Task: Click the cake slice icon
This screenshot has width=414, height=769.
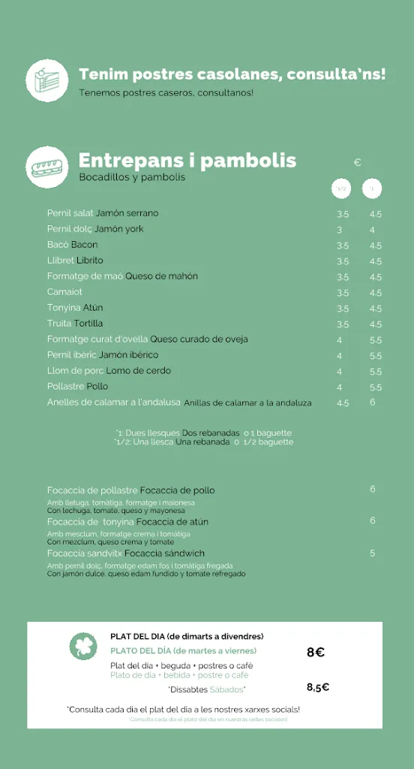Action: point(46,80)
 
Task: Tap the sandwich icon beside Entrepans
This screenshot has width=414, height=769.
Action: point(46,167)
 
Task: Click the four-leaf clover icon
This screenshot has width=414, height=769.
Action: point(83,646)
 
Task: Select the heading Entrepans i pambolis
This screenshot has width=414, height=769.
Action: point(187,161)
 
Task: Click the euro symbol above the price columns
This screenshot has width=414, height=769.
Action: point(358,162)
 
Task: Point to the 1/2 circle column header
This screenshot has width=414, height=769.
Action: point(341,189)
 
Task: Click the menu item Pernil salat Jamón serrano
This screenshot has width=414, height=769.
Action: point(103,213)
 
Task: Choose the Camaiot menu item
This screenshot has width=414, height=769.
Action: point(64,292)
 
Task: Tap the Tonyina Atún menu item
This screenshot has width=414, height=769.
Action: point(75,308)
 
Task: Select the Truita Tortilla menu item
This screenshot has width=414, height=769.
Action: point(75,324)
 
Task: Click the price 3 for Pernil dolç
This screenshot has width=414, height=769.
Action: point(340,230)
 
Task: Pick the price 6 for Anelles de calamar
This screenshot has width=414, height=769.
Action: point(372,403)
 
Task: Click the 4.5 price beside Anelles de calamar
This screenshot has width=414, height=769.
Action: point(343,403)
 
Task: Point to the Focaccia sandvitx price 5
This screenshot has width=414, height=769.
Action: point(372,553)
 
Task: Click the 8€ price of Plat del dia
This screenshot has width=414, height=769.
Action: point(315,653)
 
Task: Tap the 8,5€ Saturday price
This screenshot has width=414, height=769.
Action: point(318,687)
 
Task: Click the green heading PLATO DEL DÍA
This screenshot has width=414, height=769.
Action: point(183,651)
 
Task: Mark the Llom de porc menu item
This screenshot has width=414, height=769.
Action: point(109,371)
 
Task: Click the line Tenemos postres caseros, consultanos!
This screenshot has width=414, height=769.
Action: point(166,93)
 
